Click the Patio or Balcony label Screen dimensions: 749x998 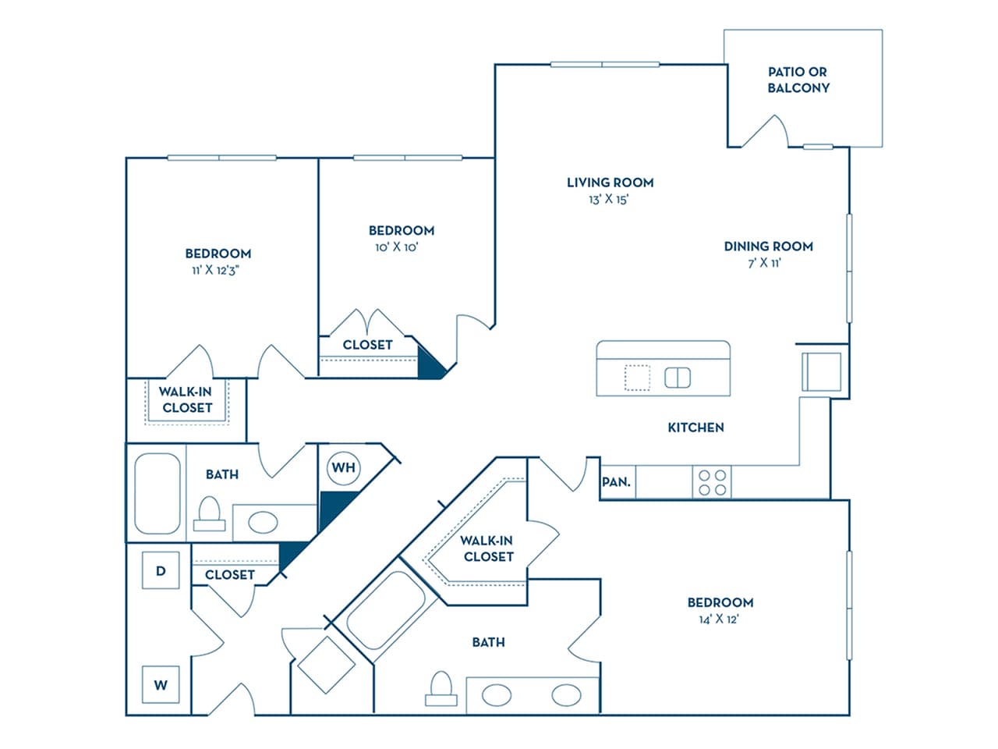(798, 80)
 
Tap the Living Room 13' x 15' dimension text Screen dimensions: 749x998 (609, 200)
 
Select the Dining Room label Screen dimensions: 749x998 (768, 247)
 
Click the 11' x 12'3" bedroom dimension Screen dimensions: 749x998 (218, 270)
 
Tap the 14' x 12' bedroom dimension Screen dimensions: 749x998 (719, 619)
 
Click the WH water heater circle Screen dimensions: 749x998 (343, 468)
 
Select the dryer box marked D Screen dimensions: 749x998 (161, 571)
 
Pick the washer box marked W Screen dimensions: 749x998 (161, 685)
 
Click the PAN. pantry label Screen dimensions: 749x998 (616, 482)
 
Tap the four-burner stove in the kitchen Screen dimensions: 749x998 (713, 482)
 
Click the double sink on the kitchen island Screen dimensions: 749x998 (678, 378)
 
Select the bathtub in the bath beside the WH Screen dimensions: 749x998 (157, 493)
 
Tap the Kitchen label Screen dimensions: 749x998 (695, 428)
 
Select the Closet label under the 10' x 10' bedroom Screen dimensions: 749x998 (367, 345)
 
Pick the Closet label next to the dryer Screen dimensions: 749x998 (230, 575)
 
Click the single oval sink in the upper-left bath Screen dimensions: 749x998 (262, 522)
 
